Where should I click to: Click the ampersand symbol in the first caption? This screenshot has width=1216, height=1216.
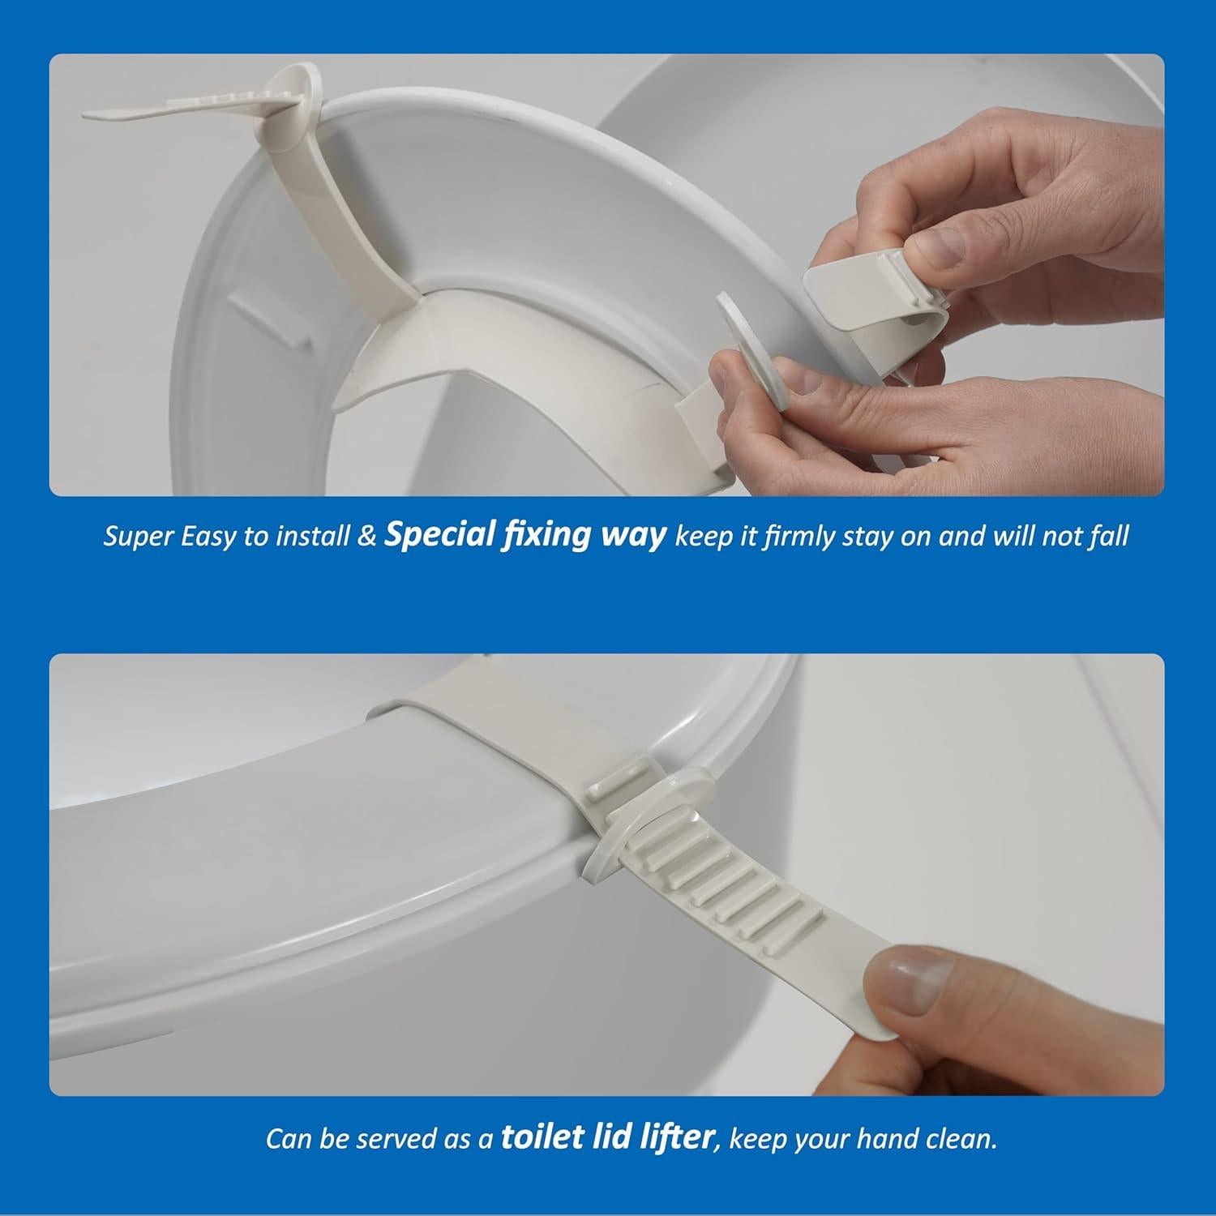tap(366, 537)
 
